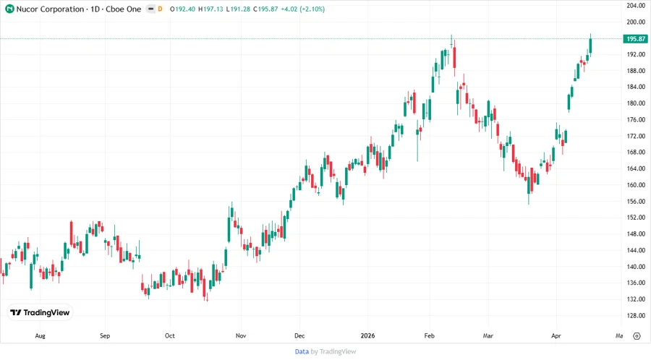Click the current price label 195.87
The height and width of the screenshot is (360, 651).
coord(637,38)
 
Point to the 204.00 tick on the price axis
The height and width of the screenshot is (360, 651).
coord(636,6)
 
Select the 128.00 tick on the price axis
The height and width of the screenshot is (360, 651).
coord(636,316)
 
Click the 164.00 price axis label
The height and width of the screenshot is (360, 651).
coord(636,168)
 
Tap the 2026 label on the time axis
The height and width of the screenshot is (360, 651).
coord(367,336)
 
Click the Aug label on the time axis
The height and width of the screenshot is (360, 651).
coord(40,336)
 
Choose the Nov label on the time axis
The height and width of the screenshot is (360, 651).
coord(241,336)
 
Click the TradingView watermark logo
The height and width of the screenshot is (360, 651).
coord(40,313)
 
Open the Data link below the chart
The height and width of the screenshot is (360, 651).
coord(302,351)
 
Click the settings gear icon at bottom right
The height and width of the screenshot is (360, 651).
coord(637,336)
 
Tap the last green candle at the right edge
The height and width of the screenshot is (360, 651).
coord(591,45)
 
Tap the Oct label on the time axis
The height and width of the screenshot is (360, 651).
coord(169,336)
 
